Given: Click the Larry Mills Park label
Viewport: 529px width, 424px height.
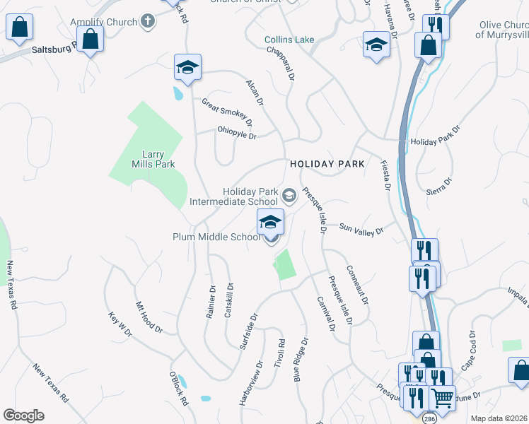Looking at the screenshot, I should point(144,159).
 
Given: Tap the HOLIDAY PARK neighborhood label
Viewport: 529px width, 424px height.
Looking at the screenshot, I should point(327,164).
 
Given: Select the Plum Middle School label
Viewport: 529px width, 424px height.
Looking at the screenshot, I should point(216,237).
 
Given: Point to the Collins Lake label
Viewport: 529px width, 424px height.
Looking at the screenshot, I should point(289,40).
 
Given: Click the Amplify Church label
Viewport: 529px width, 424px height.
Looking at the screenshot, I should point(104,22).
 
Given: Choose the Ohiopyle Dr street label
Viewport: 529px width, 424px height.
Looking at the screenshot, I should point(237,132).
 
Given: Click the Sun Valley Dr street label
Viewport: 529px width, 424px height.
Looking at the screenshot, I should point(361,229).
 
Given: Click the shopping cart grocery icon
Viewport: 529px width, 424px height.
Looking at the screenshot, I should point(442,398).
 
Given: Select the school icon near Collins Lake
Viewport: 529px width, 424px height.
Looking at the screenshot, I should point(377,45).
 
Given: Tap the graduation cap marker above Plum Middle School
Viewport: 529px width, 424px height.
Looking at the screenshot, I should point(270,223).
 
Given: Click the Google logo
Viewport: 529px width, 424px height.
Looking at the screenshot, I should point(23,416).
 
